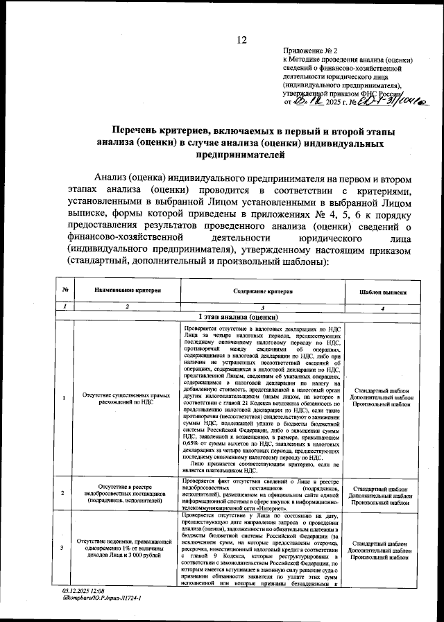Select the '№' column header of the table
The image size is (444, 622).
click(64, 292)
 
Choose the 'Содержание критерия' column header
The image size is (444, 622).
click(263, 292)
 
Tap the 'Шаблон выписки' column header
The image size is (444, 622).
click(383, 293)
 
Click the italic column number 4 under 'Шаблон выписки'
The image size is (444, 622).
click(383, 307)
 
